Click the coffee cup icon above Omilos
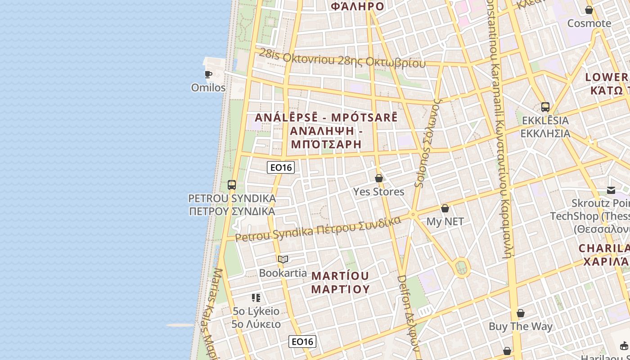[x=208, y=74]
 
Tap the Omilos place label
[x=208, y=87]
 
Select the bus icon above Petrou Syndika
[x=232, y=184]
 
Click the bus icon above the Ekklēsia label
[x=545, y=107]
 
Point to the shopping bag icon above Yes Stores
[x=379, y=178]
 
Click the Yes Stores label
[x=378, y=192]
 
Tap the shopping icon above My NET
[x=445, y=208]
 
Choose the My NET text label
[x=445, y=221]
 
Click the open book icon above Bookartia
[x=283, y=259]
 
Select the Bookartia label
[x=283, y=273]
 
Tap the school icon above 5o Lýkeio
[x=256, y=297]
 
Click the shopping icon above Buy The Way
[x=521, y=313]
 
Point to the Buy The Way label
[x=521, y=326]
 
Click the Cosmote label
[x=589, y=23]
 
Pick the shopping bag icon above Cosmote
[x=589, y=10]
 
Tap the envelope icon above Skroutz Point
[x=611, y=190]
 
